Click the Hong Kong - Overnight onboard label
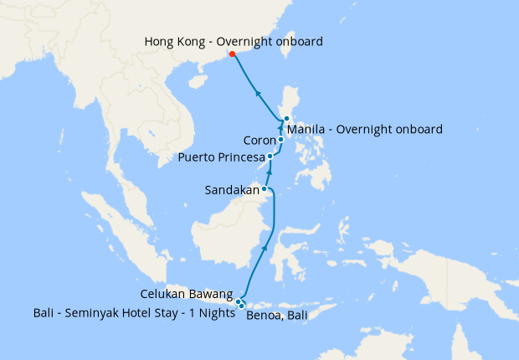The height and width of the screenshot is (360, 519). [x=234, y=41]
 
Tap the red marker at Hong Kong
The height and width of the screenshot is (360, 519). [x=233, y=54]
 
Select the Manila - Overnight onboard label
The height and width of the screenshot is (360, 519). [x=364, y=129]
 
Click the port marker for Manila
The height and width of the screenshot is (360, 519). [x=286, y=119]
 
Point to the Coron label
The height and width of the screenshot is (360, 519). [x=259, y=140]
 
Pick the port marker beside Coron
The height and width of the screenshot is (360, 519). [x=281, y=140]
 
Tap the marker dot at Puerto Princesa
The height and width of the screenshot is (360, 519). [x=270, y=157]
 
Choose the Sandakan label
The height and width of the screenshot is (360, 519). [x=232, y=190]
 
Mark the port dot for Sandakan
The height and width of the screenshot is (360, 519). [x=265, y=189]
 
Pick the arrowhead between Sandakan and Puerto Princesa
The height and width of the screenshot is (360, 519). [x=270, y=171]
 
